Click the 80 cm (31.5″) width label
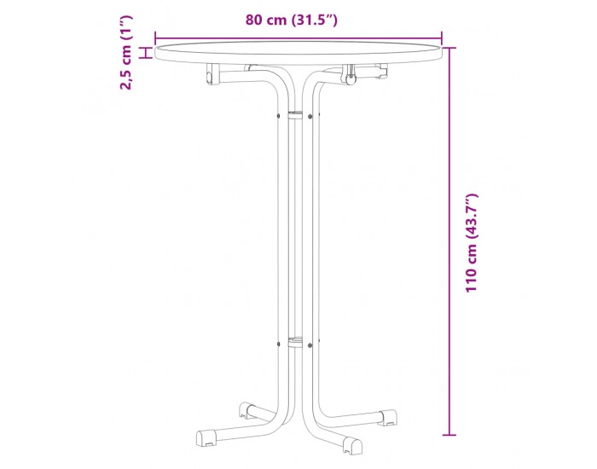pos(292,20)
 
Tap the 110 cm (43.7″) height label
pos(472,243)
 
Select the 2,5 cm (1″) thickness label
pos(125,53)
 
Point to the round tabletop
pos(298,53)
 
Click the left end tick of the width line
pos(155,38)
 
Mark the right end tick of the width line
pos(442,38)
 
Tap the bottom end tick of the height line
pos(449,435)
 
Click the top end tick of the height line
pos(449,48)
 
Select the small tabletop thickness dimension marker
pos(145,53)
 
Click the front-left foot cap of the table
pos(206,438)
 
